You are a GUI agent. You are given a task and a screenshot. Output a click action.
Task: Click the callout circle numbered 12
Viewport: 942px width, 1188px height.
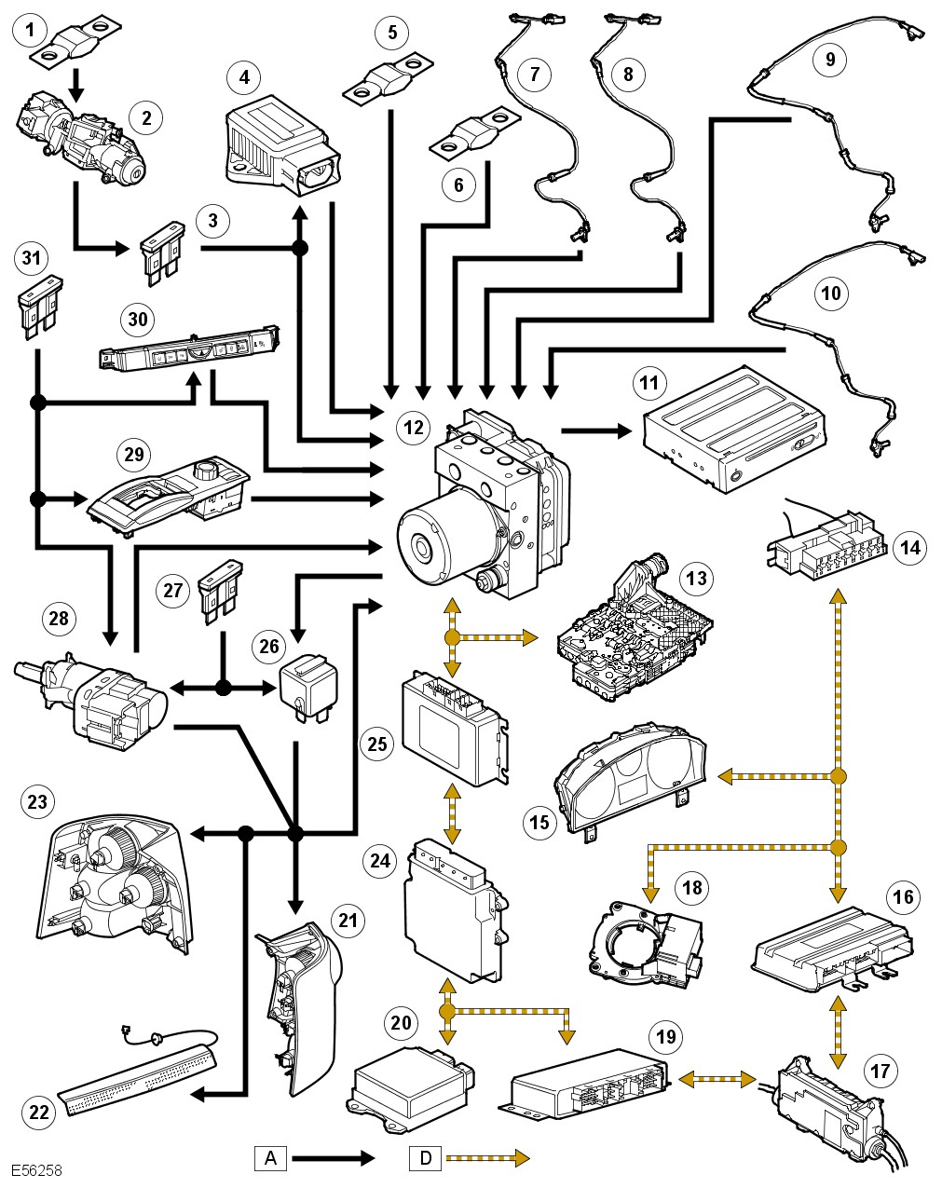[413, 427]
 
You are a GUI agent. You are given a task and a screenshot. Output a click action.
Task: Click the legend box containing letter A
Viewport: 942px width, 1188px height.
[270, 1158]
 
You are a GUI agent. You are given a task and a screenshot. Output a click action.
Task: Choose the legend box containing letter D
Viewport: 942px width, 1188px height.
[426, 1158]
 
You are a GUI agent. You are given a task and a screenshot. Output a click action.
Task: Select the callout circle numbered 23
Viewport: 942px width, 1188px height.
[38, 801]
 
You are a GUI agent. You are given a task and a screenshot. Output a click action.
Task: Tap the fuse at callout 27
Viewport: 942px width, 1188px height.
[221, 587]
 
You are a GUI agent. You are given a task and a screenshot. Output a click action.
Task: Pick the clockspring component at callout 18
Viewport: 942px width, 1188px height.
[648, 941]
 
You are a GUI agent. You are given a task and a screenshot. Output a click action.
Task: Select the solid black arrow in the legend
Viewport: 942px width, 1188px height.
[334, 1158]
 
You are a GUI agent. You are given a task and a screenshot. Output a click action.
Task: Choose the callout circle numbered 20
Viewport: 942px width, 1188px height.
[401, 1023]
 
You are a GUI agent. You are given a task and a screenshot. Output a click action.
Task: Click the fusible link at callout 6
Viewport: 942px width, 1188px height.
[473, 137]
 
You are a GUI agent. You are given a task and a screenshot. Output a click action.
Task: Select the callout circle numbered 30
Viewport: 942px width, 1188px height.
[138, 319]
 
